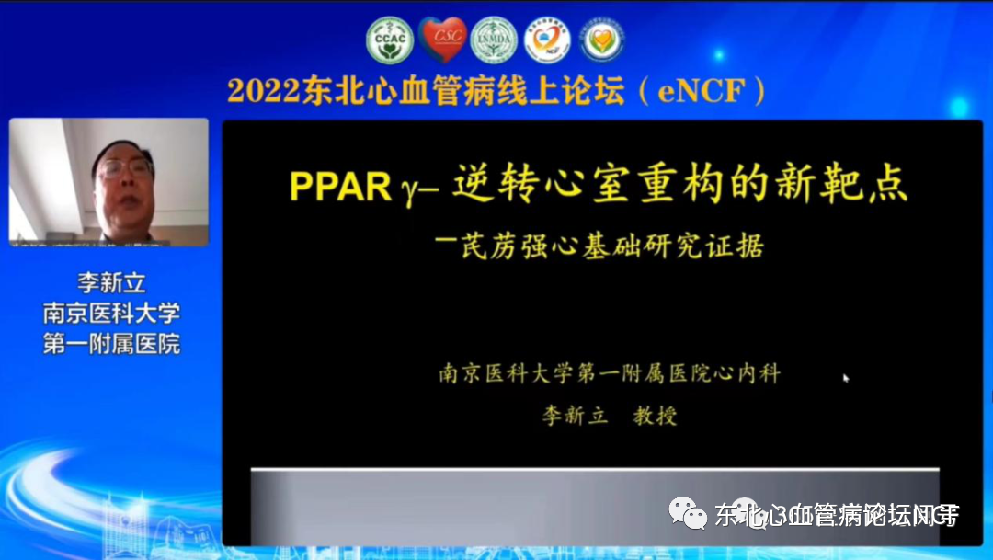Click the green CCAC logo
tap(390, 40)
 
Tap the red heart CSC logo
tap(442, 40)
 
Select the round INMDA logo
tap(495, 40)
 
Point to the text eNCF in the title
tap(708, 92)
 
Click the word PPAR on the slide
tap(340, 187)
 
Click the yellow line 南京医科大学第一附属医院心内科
tap(610, 373)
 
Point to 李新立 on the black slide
tap(575, 416)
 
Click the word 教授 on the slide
tap(655, 416)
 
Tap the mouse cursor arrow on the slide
tap(846, 377)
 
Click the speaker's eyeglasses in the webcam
tap(126, 169)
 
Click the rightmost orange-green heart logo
tap(602, 40)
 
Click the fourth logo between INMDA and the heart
tap(548, 40)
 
